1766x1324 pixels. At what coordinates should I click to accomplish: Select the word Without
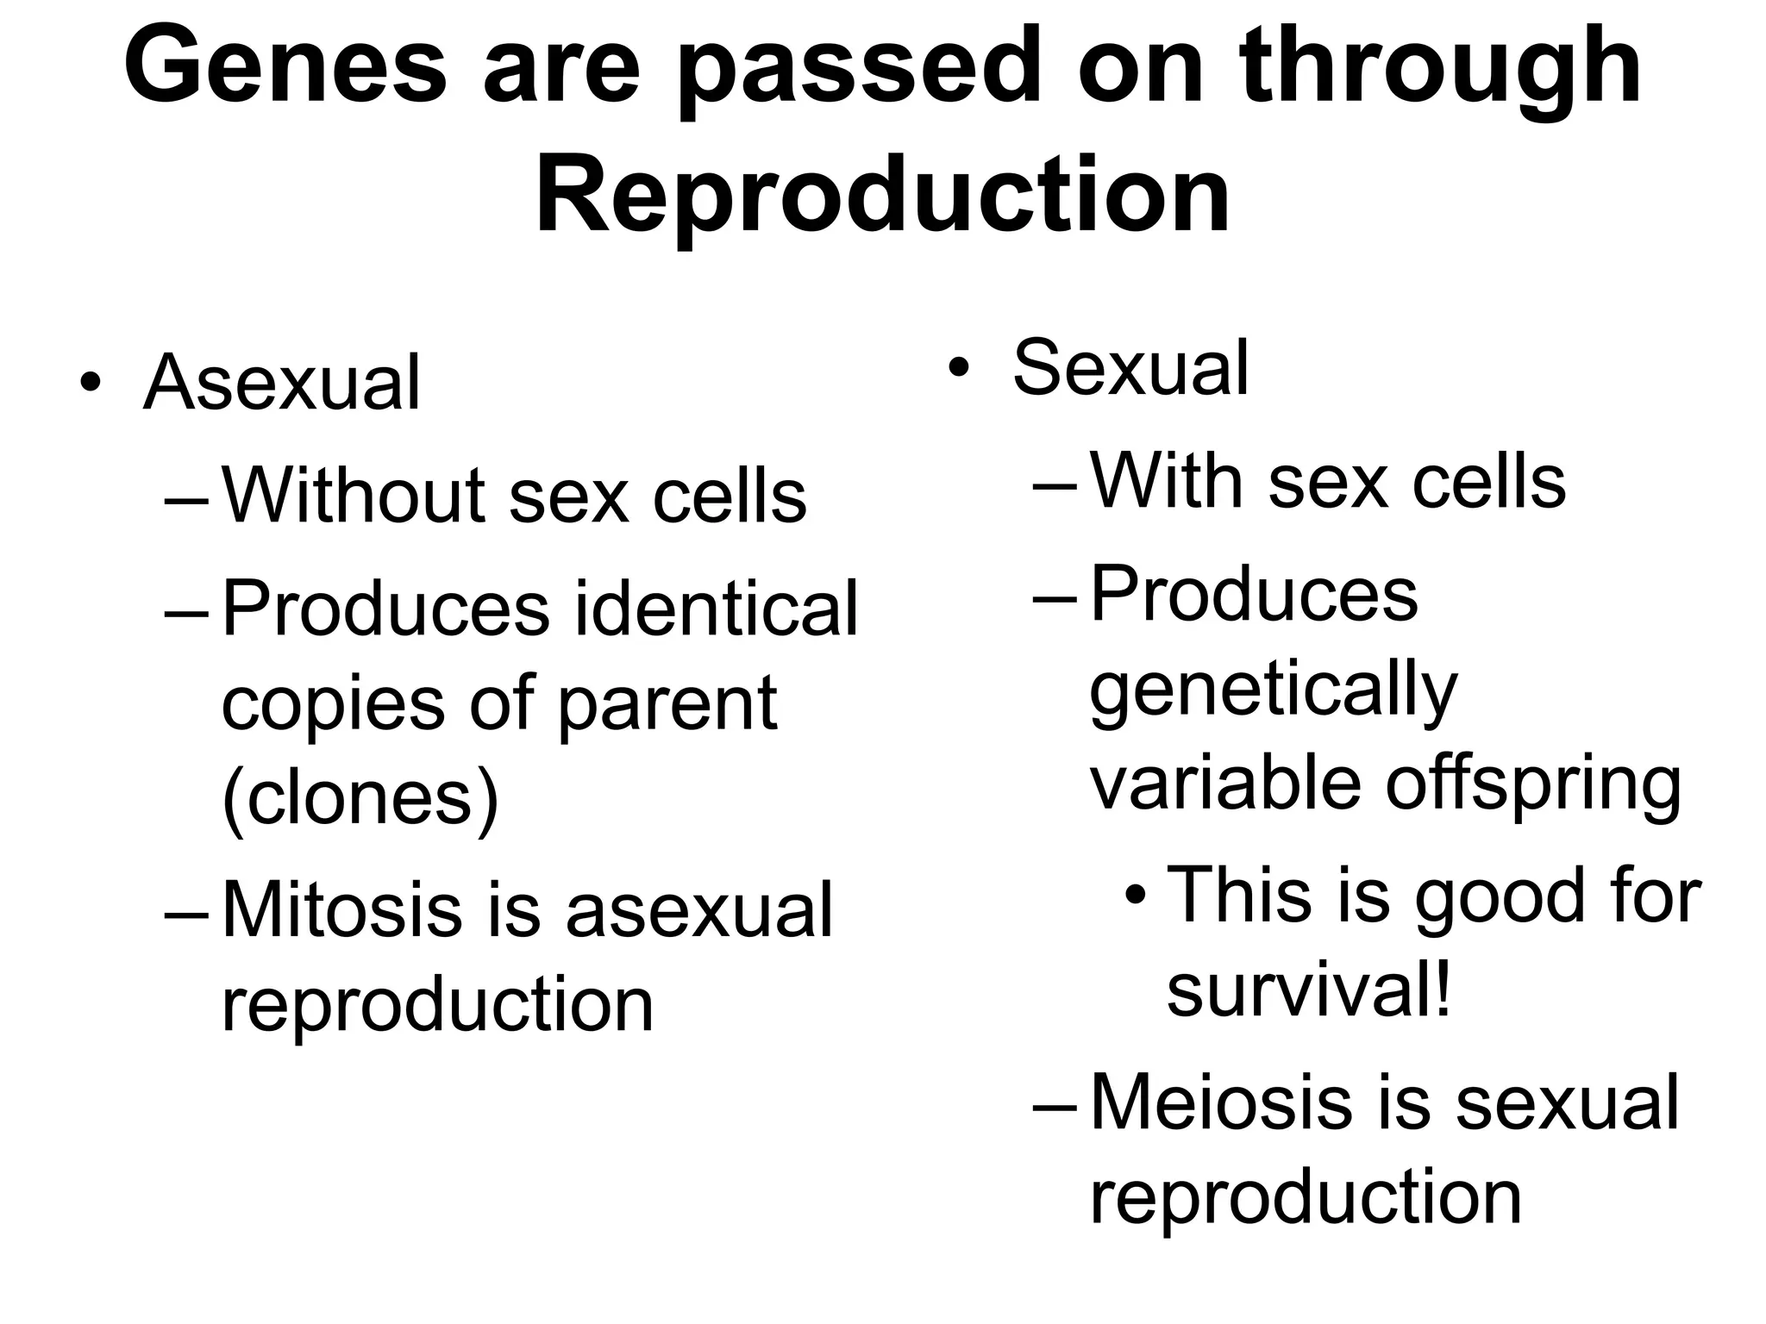click(x=356, y=496)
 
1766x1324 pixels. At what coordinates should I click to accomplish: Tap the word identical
click(x=716, y=609)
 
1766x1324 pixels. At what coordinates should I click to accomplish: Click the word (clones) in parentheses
click(x=360, y=798)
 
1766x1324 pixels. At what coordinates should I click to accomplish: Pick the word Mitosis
click(x=341, y=910)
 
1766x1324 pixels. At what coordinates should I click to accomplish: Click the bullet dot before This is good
click(x=1137, y=897)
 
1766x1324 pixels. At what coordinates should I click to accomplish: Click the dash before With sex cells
click(x=1055, y=484)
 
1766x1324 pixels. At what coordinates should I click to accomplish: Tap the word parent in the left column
click(x=667, y=705)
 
